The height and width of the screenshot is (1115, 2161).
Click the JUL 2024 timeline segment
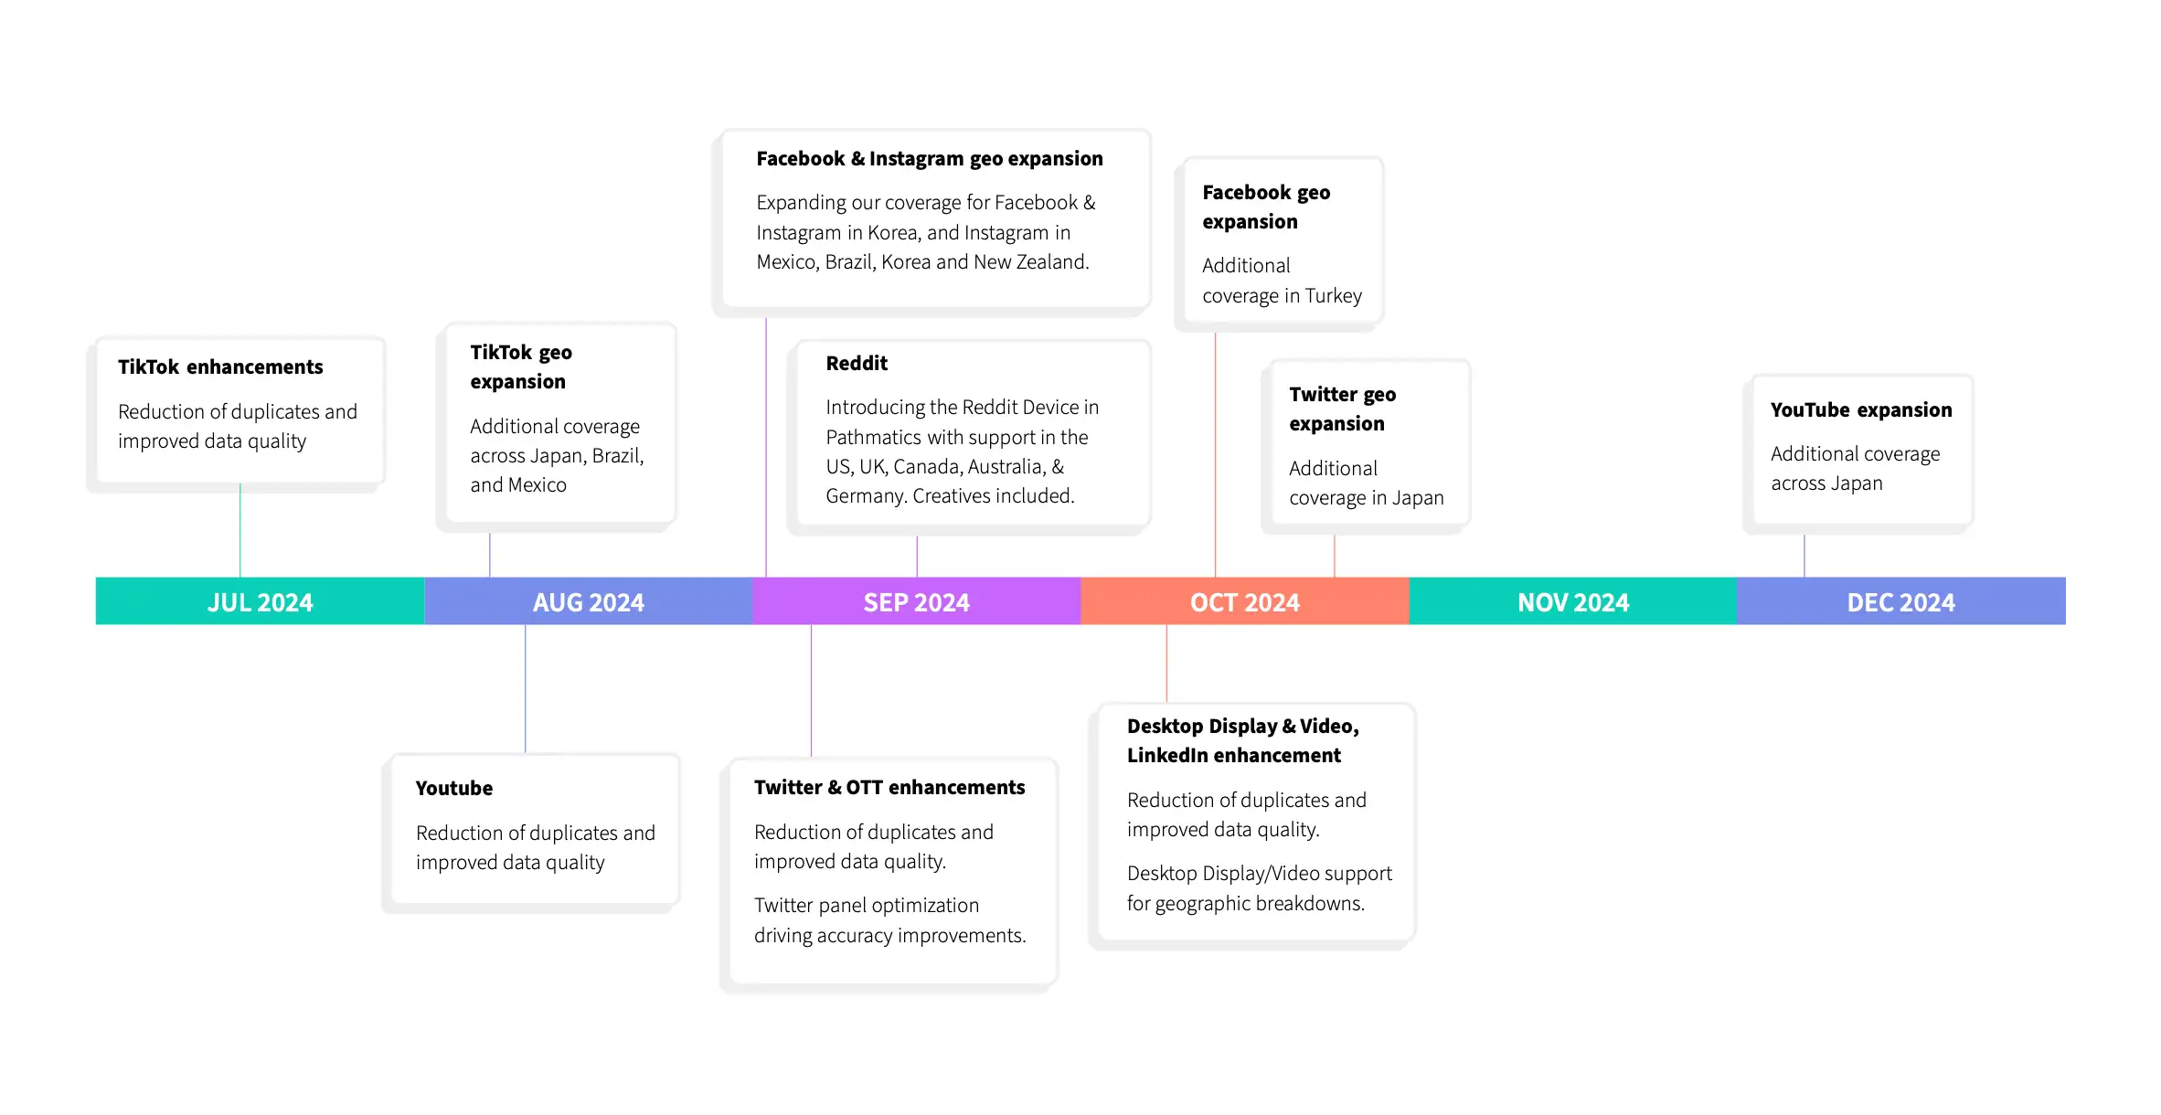[x=260, y=601]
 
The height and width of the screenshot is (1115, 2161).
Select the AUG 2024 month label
[x=589, y=602]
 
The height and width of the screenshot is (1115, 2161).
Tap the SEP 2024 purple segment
[x=917, y=601]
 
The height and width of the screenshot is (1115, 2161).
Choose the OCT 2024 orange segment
[x=1245, y=601]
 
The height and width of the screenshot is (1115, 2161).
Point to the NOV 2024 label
[x=1573, y=602]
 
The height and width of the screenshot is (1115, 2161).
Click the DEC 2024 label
[x=1901, y=602]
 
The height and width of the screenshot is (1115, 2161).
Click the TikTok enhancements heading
[x=220, y=366]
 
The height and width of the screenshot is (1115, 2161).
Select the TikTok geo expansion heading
[x=521, y=366]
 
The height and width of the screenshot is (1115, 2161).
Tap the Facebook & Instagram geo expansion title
[x=930, y=159]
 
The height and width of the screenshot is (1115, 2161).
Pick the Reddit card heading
[x=857, y=363]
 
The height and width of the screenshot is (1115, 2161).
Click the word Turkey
[x=1334, y=296]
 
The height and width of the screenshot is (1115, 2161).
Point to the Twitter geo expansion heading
[x=1343, y=409]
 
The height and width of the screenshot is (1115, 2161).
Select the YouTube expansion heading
[x=1861, y=409]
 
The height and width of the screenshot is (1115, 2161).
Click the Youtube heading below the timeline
[x=454, y=788]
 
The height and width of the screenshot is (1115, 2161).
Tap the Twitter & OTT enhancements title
[x=889, y=787]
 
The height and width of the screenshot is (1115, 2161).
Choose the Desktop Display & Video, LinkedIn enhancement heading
[x=1243, y=740]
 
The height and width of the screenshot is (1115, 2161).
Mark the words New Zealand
[x=1031, y=262]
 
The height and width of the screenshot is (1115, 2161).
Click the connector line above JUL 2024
[x=240, y=530]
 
